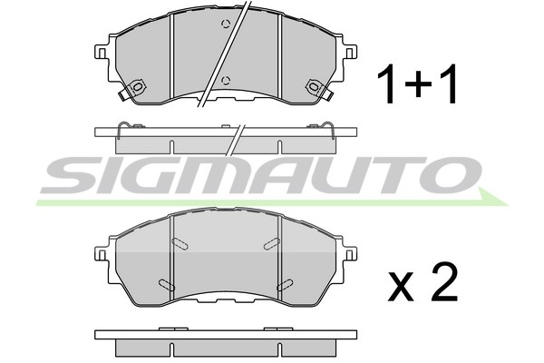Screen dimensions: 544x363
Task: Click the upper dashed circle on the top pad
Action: point(226,24)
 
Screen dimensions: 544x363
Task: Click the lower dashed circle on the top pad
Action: point(226,81)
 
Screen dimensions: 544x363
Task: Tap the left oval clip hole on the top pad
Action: point(138,87)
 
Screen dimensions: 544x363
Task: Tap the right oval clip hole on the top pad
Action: point(314,87)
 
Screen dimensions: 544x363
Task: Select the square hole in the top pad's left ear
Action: point(102,53)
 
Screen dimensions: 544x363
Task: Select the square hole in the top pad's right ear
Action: point(350,53)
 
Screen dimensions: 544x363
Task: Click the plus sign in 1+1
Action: point(418,84)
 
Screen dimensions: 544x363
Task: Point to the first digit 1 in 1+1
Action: point(387,84)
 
